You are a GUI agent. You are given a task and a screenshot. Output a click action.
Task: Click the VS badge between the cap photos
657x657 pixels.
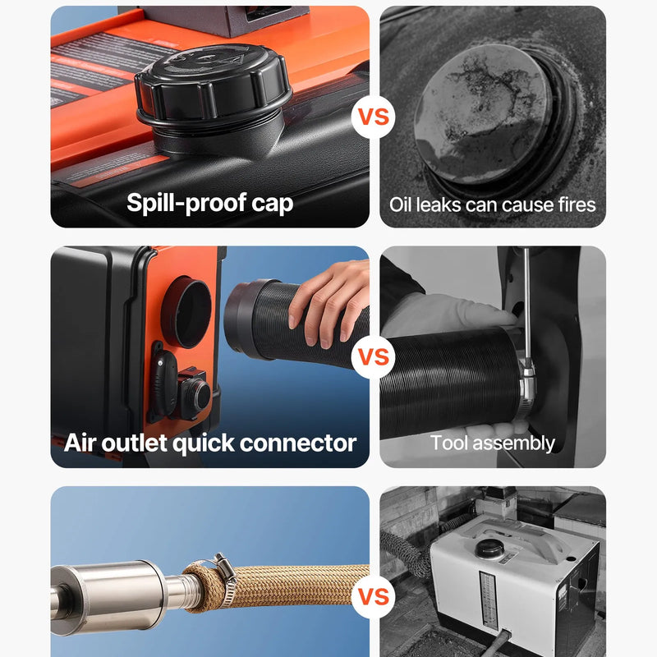point(374,117)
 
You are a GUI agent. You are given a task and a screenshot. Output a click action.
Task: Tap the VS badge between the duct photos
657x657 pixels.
point(374,356)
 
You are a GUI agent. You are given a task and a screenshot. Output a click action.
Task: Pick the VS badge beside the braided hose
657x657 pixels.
point(374,596)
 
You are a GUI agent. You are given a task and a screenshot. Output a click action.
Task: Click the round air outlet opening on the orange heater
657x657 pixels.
point(186,312)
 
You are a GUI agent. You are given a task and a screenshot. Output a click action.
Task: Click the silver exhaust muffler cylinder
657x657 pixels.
point(109,596)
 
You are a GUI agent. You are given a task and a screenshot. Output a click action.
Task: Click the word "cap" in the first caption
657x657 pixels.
point(273,204)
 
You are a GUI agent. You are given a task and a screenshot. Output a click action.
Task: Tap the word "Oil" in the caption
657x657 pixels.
point(402,204)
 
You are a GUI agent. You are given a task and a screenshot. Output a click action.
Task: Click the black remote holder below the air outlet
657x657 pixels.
point(163,381)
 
